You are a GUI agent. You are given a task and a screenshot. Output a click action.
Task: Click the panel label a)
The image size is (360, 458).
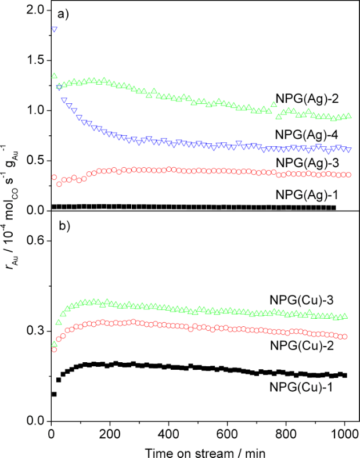pos(63,15)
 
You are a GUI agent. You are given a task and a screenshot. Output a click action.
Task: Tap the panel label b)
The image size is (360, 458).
pos(63,226)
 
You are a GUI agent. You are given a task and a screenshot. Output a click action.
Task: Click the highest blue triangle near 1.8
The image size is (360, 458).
pos(54,29)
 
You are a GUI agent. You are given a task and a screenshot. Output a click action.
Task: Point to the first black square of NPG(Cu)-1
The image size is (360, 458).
pos(54,394)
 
